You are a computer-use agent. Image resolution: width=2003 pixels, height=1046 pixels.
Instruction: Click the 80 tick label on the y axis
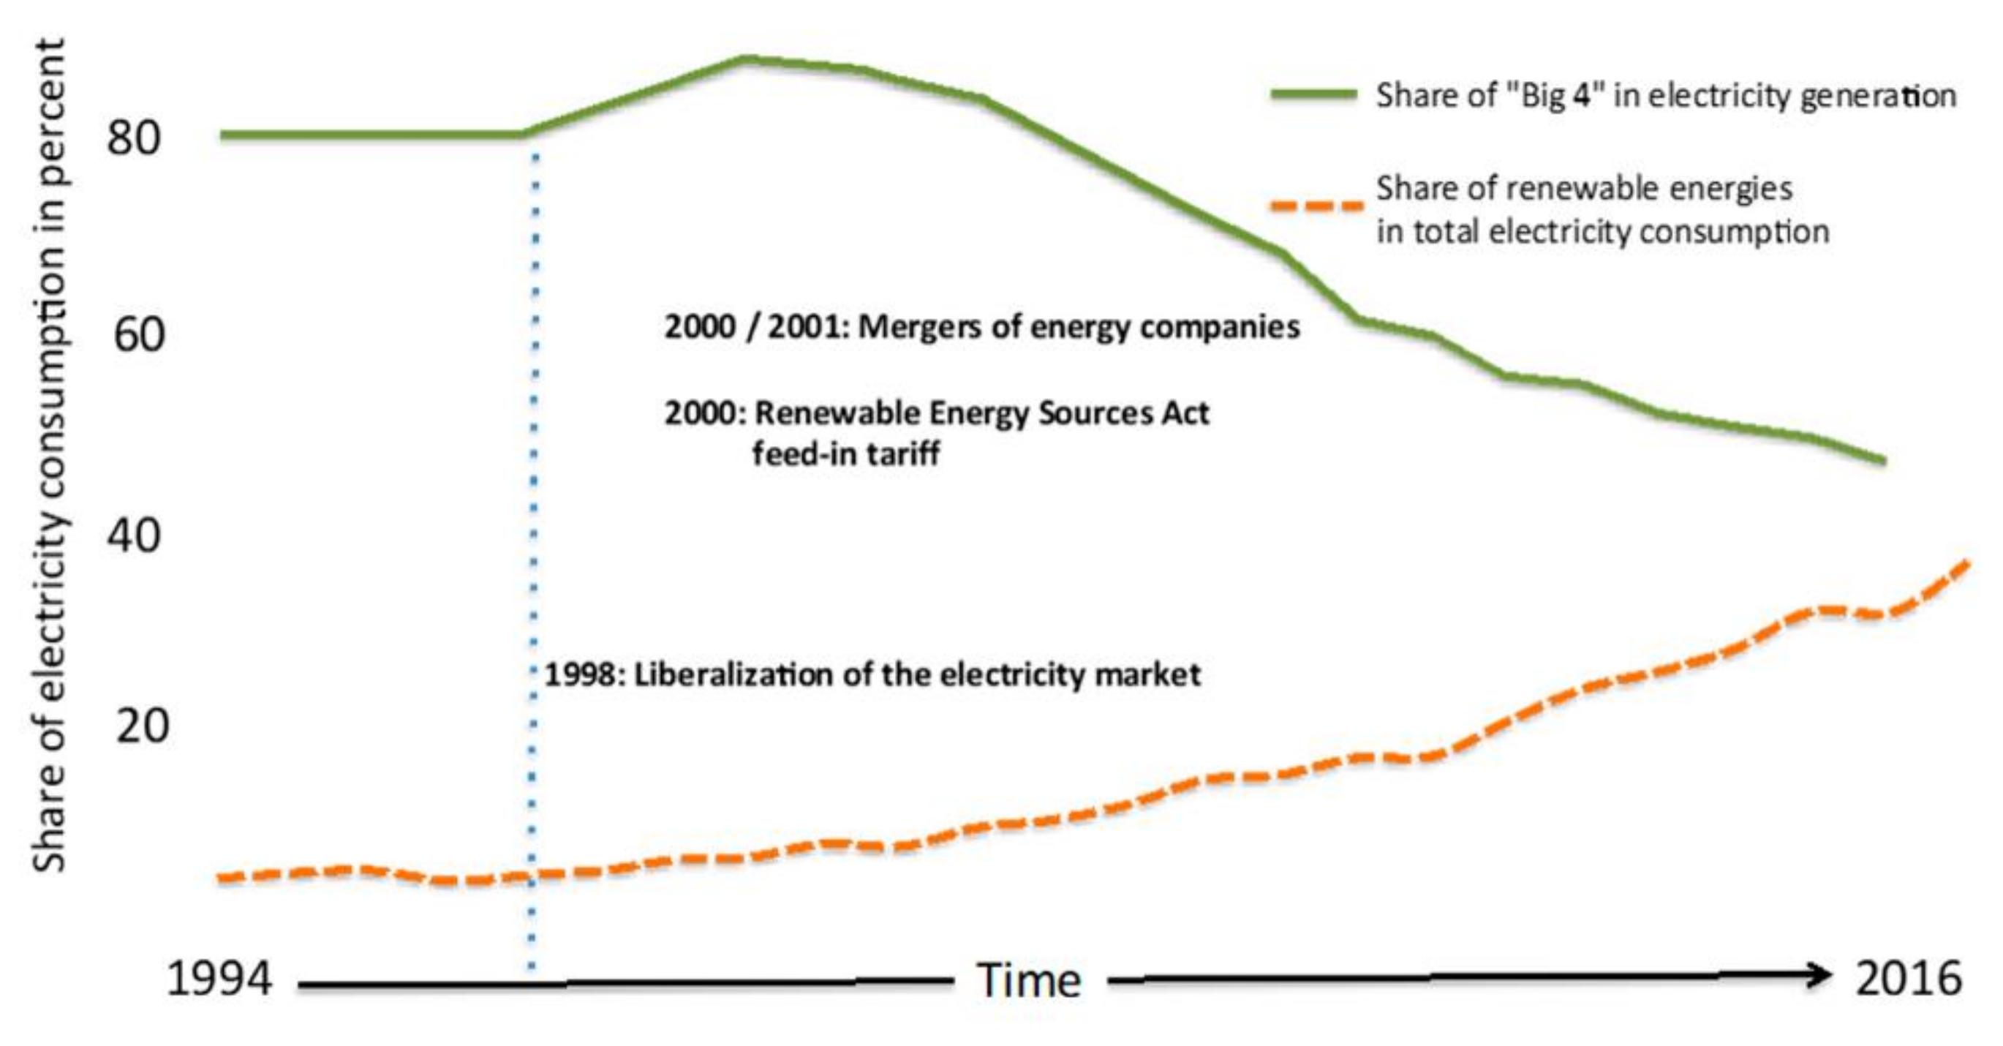134,138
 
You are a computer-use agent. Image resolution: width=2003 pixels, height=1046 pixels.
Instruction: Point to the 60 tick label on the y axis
139,336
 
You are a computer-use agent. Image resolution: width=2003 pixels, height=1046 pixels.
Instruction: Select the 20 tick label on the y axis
142,726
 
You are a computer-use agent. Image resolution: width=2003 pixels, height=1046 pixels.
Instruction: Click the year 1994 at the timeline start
219,979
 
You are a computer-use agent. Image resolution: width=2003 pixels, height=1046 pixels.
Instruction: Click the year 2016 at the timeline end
1908,979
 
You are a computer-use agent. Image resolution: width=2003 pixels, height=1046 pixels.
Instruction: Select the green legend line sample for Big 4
1313,95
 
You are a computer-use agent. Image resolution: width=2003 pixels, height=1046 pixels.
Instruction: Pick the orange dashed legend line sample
1316,207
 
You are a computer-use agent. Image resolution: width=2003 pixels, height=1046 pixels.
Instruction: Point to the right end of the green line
1882,460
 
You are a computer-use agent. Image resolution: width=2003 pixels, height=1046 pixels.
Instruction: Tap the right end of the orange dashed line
1967,562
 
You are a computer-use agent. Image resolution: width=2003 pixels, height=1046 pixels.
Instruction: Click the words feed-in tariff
845,454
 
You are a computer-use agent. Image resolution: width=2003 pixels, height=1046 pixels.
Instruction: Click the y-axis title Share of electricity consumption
48,454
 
